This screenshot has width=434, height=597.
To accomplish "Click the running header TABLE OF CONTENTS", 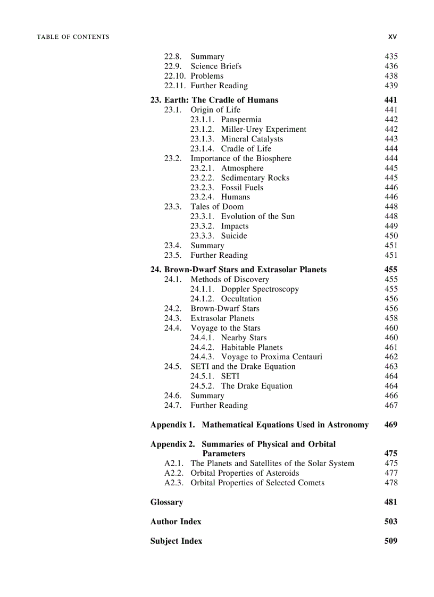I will coord(73,37).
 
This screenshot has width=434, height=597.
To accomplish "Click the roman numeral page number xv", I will coord(393,37).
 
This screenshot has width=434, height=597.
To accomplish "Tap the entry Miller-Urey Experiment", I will coord(263,129).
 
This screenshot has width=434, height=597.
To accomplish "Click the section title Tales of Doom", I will coord(217,207).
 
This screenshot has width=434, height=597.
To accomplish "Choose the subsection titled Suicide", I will coord(234,236).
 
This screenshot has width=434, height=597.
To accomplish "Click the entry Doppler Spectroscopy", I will coord(260,289).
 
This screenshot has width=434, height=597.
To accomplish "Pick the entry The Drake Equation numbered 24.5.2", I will coord(256,386).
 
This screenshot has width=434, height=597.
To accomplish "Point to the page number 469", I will coord(390,425).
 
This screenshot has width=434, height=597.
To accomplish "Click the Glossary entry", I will coord(166,502).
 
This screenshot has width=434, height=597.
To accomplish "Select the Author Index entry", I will coord(176,522).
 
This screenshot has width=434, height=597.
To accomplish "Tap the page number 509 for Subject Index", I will coord(390,541).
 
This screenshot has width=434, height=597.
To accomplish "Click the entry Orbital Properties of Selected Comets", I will coord(257,483).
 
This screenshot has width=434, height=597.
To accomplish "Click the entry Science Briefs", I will coord(216,66).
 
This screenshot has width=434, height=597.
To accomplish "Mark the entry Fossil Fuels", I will coord(242,188).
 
